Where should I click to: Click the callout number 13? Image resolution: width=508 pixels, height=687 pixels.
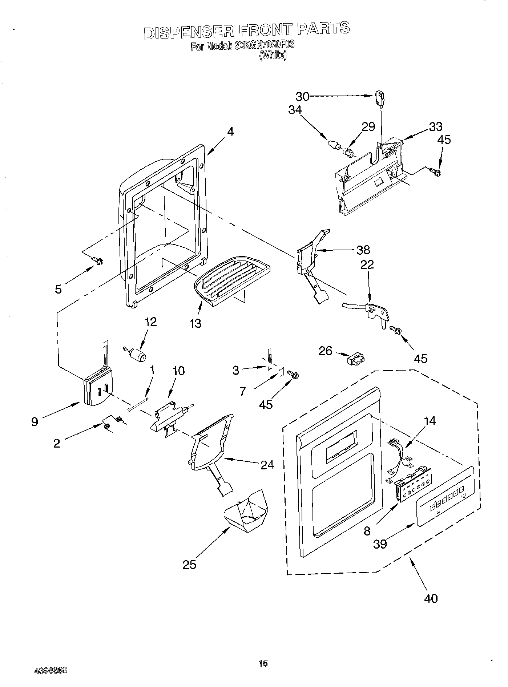point(195,323)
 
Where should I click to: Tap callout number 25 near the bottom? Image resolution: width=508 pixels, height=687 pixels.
point(190,564)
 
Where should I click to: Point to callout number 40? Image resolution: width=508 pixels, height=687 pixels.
point(431,598)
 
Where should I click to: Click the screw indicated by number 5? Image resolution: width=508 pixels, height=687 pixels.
point(98,260)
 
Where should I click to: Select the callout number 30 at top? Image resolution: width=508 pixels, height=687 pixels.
point(302,96)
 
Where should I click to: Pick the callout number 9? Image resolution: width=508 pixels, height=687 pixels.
point(35,422)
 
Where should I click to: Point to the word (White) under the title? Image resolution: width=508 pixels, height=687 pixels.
point(273,56)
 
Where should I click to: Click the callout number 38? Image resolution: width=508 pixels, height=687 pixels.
point(363,250)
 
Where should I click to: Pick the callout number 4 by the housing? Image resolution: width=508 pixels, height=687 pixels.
point(230,132)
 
